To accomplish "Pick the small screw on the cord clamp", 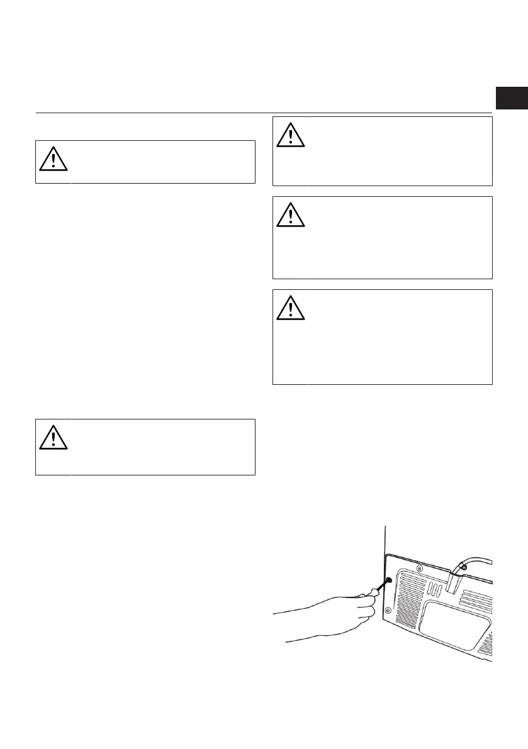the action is [x=463, y=568].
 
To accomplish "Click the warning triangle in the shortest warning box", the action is [x=53, y=160].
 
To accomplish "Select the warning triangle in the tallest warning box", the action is [x=290, y=307].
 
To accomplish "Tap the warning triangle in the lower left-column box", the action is [x=53, y=438].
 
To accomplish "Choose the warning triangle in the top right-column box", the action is [x=290, y=135].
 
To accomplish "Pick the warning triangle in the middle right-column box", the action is [x=290, y=215].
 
